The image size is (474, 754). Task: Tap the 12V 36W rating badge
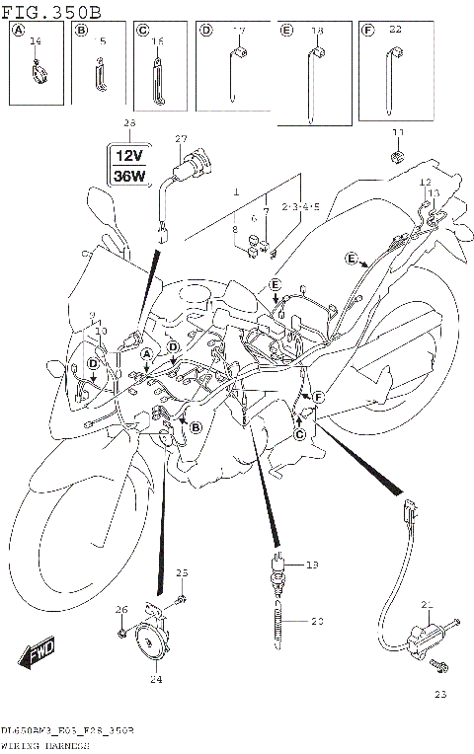130,165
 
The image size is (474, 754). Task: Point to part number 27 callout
181,138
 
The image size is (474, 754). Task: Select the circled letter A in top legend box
17,31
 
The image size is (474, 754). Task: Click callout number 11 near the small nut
398,132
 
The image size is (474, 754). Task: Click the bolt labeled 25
184,598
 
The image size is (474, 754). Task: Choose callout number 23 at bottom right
439,694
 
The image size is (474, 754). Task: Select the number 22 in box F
395,32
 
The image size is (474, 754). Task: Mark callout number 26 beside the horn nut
121,608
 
